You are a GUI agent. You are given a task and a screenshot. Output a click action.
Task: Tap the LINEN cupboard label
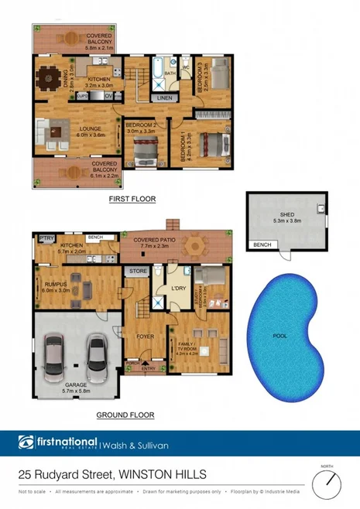click(163, 98)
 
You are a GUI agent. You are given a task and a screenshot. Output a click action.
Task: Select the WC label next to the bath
click(186, 67)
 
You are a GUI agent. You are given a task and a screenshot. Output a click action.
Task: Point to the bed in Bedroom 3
click(219, 77)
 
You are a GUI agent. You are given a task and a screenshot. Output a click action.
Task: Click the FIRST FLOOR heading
click(132, 199)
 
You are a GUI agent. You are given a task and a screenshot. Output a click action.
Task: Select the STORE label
click(138, 272)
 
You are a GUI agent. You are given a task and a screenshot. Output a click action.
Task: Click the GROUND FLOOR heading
click(125, 415)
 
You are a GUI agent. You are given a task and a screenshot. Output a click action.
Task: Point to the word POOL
click(279, 336)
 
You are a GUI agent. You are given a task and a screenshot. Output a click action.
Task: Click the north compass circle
click(328, 484)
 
